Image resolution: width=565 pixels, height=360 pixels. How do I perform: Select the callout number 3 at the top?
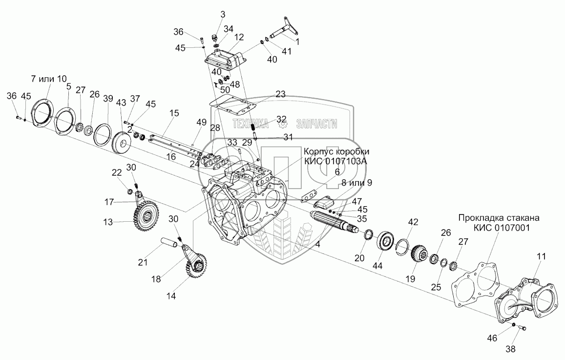click(x=223, y=14)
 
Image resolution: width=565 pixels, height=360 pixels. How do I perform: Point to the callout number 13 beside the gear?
click(x=108, y=221)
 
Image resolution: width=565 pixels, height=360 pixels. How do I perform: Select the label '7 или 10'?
click(x=48, y=79)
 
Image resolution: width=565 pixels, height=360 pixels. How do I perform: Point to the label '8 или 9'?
click(x=356, y=183)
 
